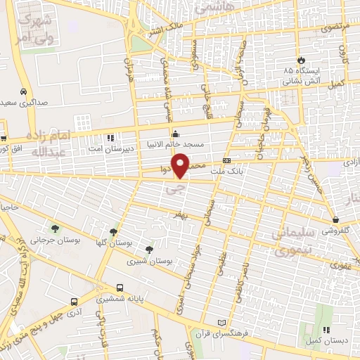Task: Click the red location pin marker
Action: (182, 165)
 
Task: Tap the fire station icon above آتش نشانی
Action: (300, 60)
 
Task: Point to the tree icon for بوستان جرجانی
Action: (55, 229)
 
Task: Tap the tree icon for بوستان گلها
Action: (113, 231)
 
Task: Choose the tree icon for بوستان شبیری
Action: (148, 249)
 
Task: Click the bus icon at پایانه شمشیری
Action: (119, 288)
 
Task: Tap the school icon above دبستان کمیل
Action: (326, 330)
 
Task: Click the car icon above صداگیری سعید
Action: (24, 92)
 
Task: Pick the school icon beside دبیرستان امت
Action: (110, 138)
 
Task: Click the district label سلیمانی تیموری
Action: (289, 241)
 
